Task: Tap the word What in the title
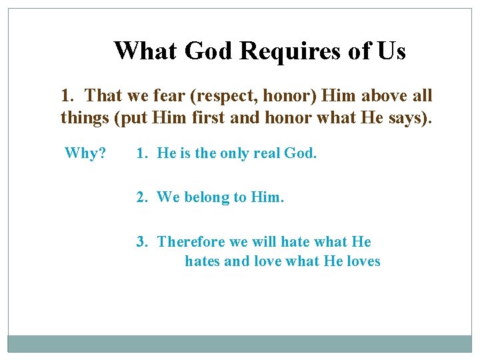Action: [137, 51]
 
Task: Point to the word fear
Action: [171, 96]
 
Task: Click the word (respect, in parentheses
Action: [224, 96]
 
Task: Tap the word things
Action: [82, 119]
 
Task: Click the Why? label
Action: [85, 153]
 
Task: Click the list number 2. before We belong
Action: [142, 197]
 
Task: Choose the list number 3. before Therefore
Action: [142, 241]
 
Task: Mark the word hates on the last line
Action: [203, 261]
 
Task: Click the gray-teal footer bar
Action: [240, 343]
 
